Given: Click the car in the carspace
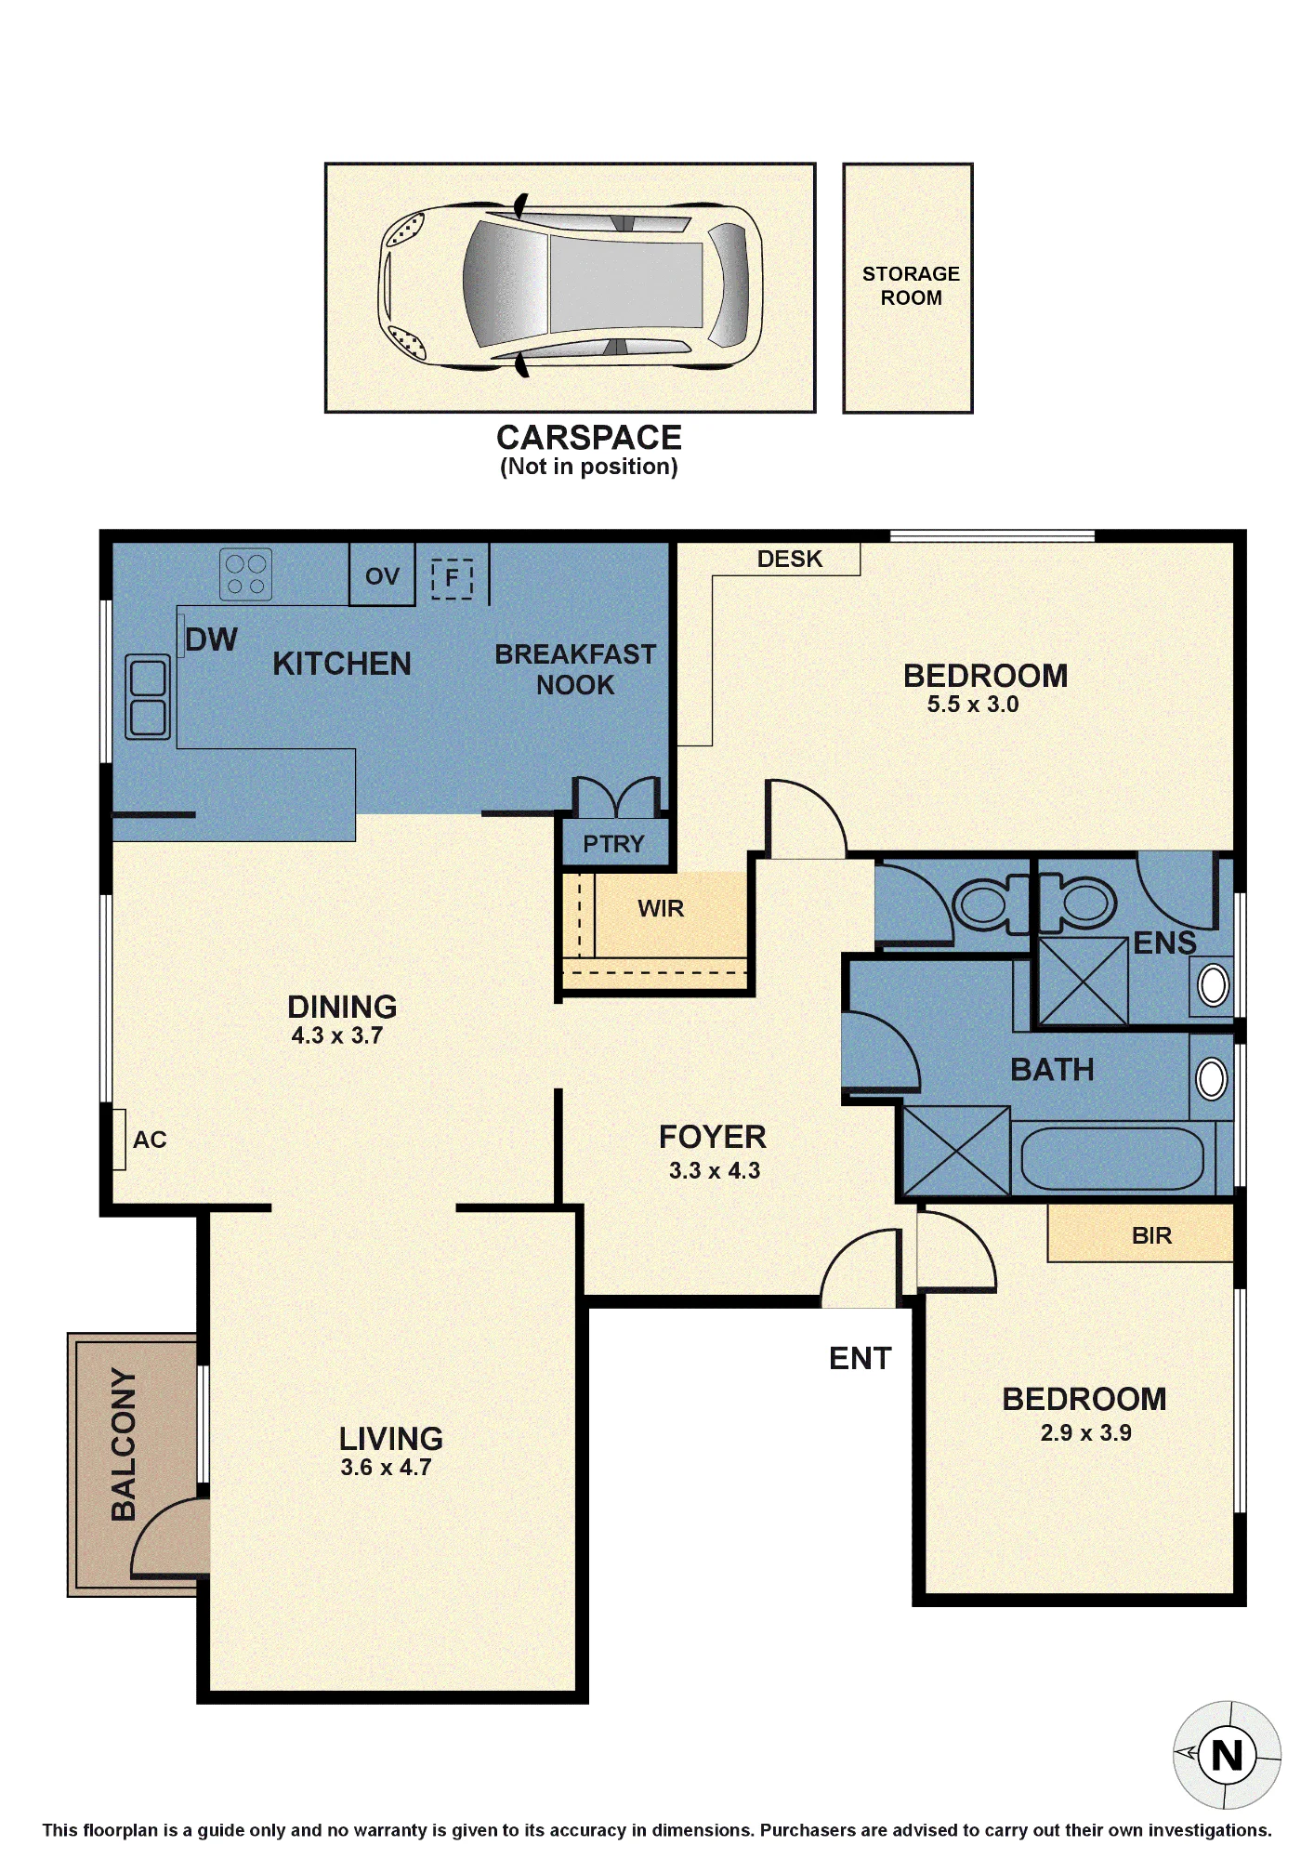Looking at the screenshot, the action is click(570, 285).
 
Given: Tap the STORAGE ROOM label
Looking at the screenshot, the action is click(911, 285).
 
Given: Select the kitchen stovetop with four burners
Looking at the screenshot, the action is click(246, 574).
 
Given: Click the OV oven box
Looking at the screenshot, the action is click(382, 575).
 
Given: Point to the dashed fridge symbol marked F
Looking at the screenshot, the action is click(453, 578).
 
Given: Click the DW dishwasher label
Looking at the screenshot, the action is click(211, 639).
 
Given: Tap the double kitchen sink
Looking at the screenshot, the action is click(148, 697).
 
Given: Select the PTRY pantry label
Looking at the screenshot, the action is click(613, 844).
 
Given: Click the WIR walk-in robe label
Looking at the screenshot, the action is click(661, 908).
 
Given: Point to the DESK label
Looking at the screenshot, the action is click(790, 559).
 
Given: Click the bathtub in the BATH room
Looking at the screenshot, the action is click(1112, 1158).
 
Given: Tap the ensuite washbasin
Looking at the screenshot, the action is click(1214, 985).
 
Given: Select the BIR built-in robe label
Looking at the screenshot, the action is click(1151, 1235).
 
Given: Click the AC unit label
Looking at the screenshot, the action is click(150, 1140).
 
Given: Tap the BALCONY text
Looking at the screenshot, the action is click(124, 1444).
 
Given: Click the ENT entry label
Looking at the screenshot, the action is click(860, 1359).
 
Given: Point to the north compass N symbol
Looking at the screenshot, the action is click(1228, 1756).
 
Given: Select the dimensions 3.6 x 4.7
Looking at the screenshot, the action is click(386, 1468).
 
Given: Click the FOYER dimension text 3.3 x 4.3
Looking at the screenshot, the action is click(715, 1171).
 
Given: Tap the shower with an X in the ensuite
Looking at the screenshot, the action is click(1083, 981).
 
